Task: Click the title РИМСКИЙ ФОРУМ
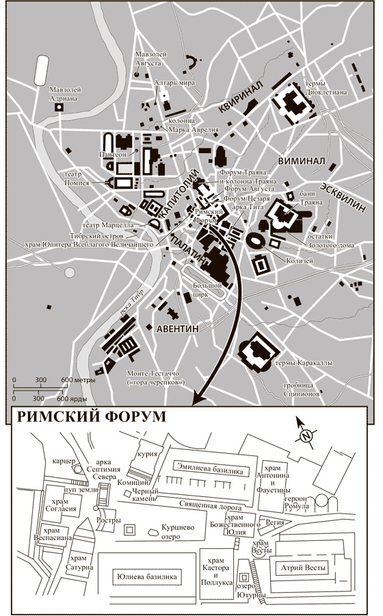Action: [x=92, y=417]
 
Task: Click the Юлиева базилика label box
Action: [x=148, y=577]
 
